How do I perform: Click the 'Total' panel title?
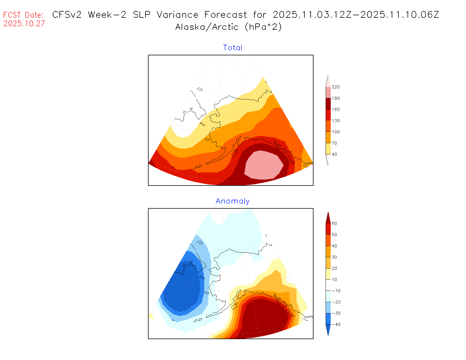(233, 48)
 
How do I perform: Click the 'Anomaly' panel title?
(233, 201)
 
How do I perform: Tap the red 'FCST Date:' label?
(23, 15)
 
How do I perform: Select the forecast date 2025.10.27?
(24, 23)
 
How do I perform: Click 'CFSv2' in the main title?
(67, 15)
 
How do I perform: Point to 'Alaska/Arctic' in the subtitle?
(207, 27)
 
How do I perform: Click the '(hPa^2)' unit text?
(263, 27)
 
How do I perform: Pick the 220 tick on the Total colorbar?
(336, 87)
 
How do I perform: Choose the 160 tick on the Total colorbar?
(336, 109)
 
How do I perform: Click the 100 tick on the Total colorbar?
(336, 132)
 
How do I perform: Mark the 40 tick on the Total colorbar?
(334, 154)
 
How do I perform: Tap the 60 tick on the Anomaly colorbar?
(334, 223)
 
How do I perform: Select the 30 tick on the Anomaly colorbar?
(334, 257)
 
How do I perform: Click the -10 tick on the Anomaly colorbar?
(336, 291)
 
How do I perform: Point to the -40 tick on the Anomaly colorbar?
(336, 324)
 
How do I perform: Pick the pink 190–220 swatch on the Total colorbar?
(328, 92)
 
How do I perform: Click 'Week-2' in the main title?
(107, 15)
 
